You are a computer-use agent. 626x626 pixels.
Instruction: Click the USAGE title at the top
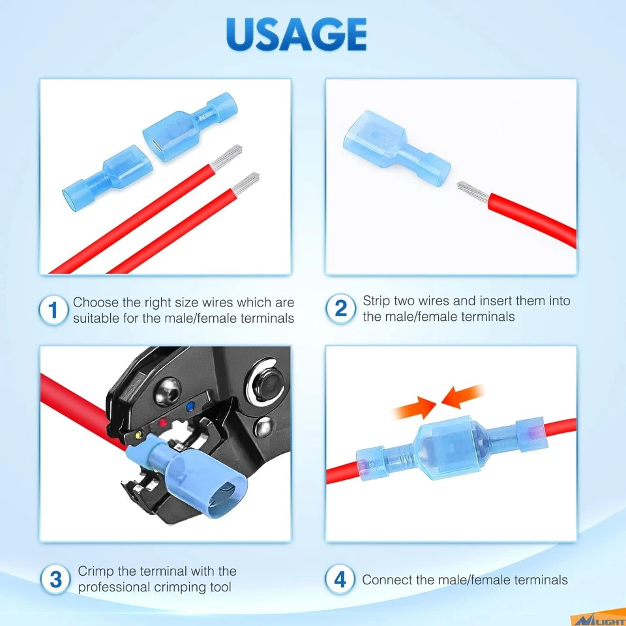pyautogui.click(x=296, y=34)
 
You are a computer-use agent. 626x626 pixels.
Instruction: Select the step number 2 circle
pyautogui.click(x=340, y=308)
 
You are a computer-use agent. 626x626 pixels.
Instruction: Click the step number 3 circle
pyautogui.click(x=55, y=579)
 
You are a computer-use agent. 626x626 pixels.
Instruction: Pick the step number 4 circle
pyautogui.click(x=340, y=579)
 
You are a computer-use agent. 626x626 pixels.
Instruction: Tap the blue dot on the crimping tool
pyautogui.click(x=190, y=408)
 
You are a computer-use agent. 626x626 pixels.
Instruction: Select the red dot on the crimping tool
pyautogui.click(x=163, y=423)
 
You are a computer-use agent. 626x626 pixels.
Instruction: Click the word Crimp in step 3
pyautogui.click(x=95, y=571)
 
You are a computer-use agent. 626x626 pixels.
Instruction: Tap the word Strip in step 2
pyautogui.click(x=376, y=301)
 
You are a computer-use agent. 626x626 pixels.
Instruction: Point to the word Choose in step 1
pyautogui.click(x=95, y=303)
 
